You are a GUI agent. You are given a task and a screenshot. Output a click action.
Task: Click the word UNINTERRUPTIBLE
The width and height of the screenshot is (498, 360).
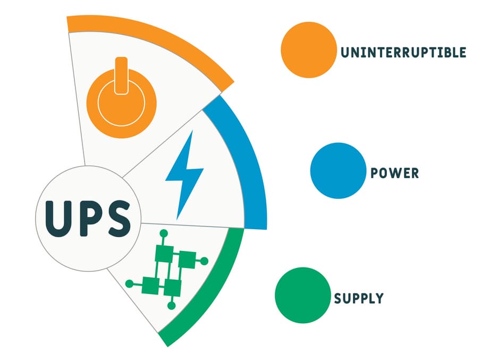[403, 53]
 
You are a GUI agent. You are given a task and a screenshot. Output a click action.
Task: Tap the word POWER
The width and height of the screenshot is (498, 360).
[395, 173]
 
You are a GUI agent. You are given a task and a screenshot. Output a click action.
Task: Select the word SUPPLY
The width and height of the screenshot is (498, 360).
[359, 298]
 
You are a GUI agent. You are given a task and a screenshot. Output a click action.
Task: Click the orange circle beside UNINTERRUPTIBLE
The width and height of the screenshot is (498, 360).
[309, 50]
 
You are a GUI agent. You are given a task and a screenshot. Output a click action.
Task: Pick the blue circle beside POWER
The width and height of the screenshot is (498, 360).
[338, 171]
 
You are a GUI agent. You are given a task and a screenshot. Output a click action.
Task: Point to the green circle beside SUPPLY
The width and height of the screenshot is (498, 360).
[302, 295]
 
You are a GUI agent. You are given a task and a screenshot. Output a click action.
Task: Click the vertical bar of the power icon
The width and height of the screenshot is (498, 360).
[121, 76]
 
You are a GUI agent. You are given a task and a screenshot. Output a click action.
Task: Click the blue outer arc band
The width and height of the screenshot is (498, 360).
[251, 159]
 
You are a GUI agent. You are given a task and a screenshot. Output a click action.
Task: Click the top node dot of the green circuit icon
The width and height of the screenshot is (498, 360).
[164, 234]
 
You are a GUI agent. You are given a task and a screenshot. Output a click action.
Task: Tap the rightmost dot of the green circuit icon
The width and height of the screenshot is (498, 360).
[204, 262]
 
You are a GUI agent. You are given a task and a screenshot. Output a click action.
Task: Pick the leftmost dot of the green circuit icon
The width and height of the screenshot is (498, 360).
[130, 284]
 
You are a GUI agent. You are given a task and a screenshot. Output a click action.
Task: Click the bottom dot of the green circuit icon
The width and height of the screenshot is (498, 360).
[171, 306]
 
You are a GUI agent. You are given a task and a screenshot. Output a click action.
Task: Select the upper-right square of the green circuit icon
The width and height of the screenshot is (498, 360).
[188, 260]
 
